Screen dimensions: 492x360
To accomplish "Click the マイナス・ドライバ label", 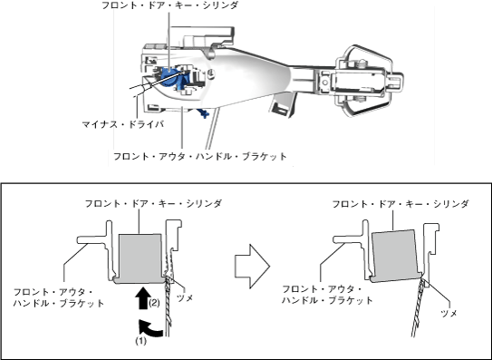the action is coord(123,125).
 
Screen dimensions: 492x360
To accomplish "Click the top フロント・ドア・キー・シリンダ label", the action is coord(170,5).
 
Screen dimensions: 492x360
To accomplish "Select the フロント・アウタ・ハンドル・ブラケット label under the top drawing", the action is coord(200,157).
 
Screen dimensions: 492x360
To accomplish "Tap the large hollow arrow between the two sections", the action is coord(252,267).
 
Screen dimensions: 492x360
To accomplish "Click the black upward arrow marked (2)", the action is coord(143,297).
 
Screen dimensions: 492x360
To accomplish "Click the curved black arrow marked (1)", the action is coord(150,329).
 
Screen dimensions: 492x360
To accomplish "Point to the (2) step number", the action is coord(154,303).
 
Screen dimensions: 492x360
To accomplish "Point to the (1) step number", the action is coord(140,341).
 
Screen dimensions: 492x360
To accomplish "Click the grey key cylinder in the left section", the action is coord(140,258).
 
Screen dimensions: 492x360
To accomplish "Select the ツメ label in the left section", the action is coord(185,297).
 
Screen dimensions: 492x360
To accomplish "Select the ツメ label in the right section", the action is coord(449,313).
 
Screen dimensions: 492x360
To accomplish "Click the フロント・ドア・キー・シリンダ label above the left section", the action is coord(153,203).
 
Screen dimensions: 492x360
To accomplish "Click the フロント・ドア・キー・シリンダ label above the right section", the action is coord(400,204).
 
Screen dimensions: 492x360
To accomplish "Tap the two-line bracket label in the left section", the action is coord(59,297).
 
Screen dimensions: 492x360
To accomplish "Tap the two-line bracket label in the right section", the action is coord(327,295).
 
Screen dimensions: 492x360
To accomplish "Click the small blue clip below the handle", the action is coord(203,112).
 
